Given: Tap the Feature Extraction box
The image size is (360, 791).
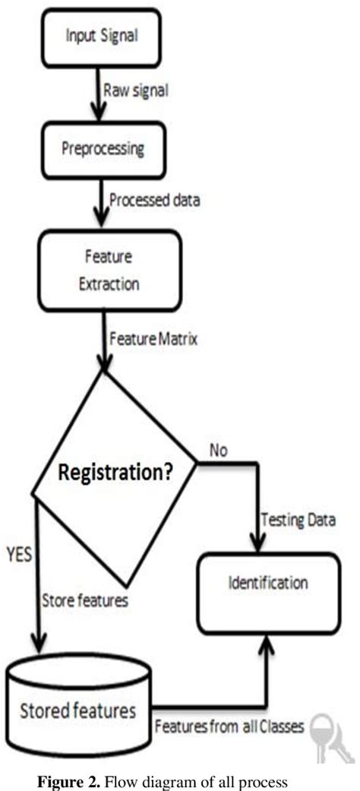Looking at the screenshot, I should [x=111, y=271].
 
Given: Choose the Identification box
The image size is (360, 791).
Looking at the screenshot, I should [x=268, y=584].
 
